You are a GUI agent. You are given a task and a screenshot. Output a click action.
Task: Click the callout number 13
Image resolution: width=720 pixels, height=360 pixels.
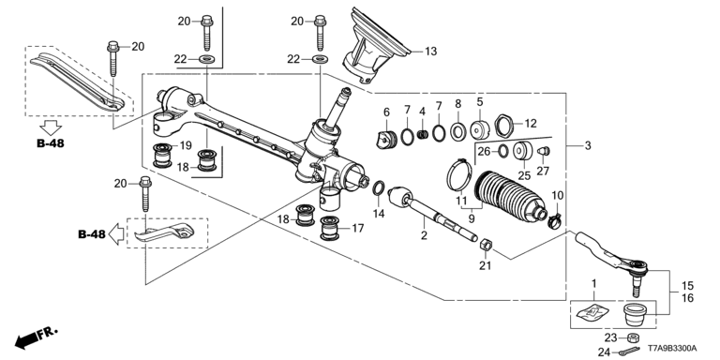430,52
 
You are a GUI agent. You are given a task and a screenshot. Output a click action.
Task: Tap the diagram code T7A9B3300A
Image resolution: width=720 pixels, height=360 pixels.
672,349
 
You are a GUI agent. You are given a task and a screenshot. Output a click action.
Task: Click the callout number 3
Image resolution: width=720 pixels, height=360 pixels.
588,146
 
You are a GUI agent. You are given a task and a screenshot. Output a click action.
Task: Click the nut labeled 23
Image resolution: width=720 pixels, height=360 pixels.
632,337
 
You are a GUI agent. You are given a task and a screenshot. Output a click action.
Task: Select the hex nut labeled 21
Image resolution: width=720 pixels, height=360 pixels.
487,245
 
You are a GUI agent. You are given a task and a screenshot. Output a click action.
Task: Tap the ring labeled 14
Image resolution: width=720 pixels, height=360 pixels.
379,187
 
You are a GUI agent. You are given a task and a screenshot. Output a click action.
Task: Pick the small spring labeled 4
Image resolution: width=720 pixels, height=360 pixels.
424,135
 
